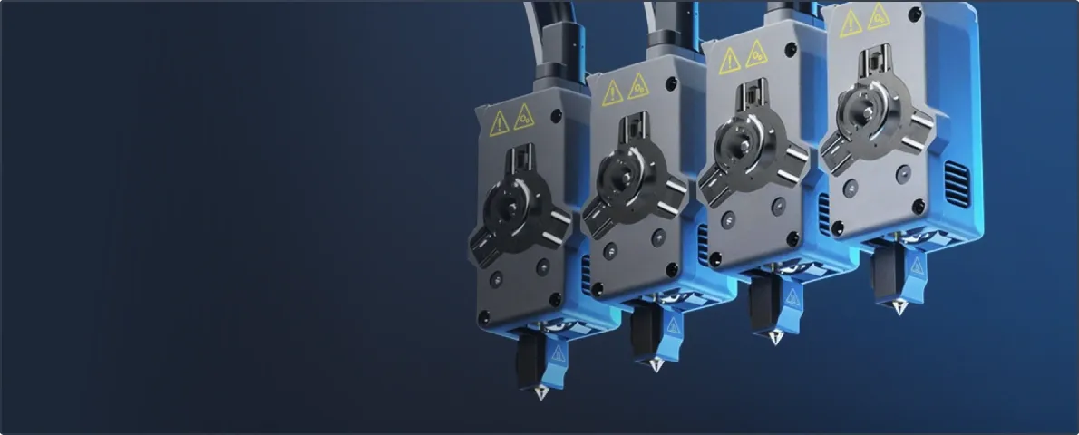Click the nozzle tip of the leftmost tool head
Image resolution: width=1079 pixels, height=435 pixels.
click(541, 395)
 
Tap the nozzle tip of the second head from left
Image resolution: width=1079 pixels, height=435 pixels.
click(656, 365)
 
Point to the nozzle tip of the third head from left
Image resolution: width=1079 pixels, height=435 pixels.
click(775, 339)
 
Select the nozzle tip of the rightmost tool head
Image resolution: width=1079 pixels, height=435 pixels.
click(899, 309)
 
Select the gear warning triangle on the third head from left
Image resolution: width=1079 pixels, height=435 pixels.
click(755, 55)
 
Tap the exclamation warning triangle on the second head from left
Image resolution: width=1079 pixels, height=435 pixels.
click(613, 92)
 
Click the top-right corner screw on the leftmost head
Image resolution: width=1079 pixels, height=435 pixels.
click(556, 116)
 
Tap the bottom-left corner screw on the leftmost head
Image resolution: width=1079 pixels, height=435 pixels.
click(484, 318)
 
